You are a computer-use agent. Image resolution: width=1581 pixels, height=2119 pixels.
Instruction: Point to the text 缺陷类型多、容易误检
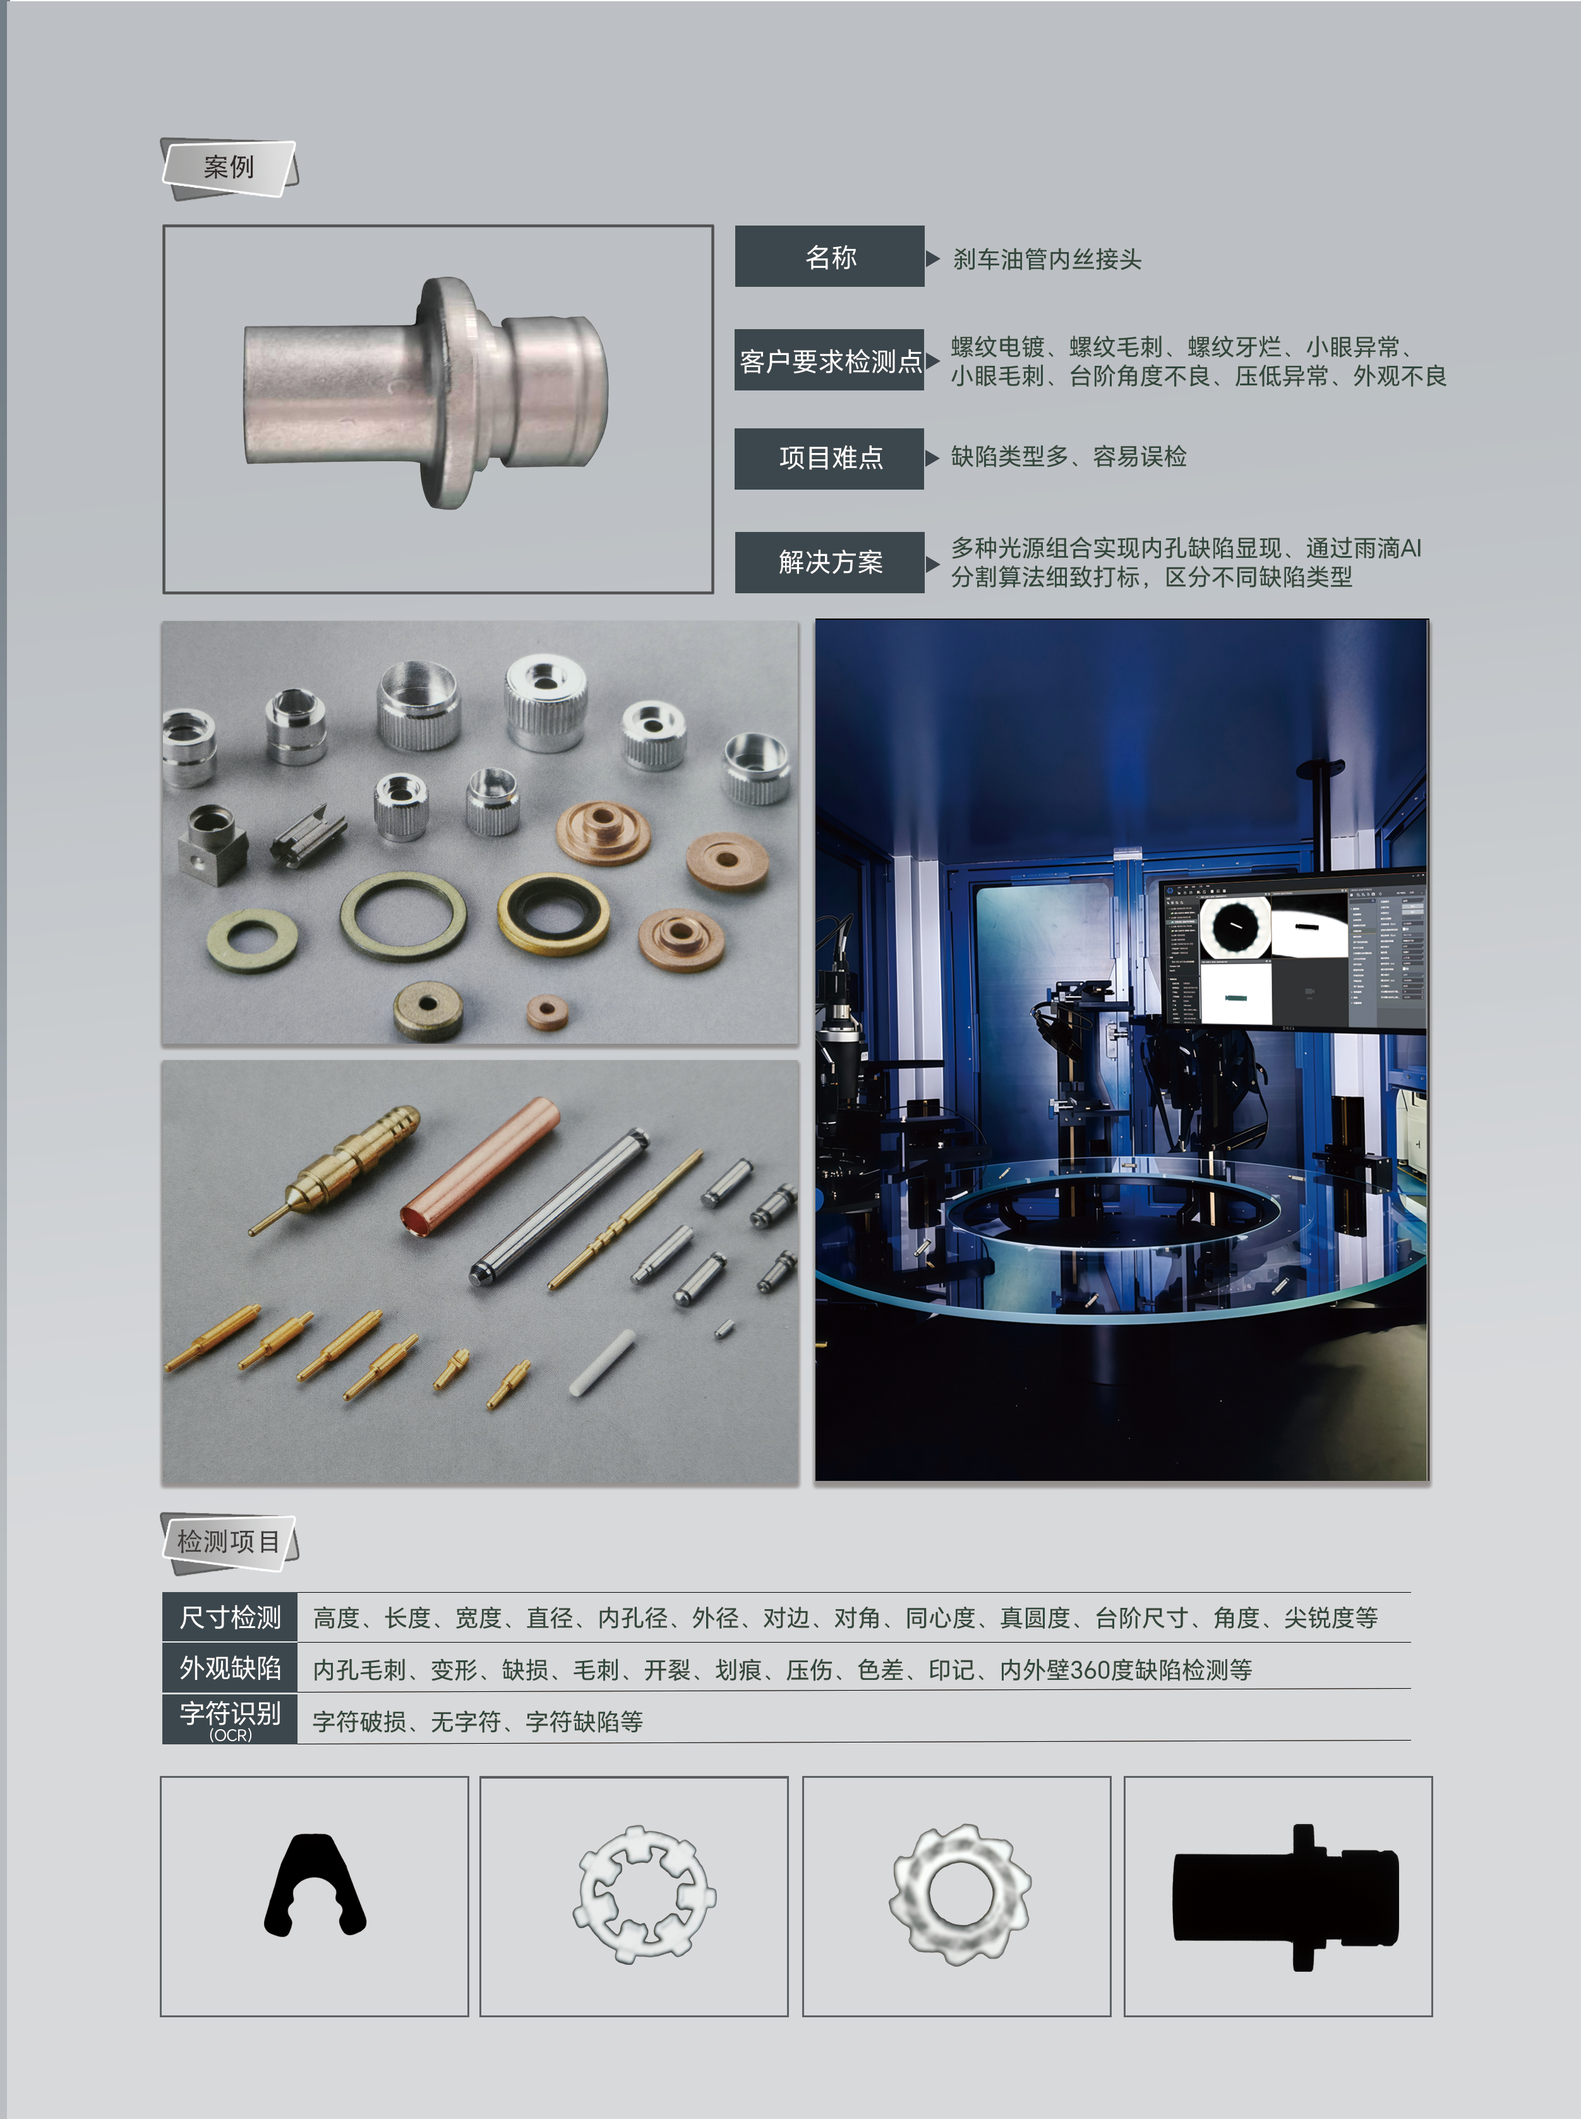[x=1069, y=457]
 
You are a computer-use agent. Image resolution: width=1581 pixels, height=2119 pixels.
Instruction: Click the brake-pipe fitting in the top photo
[x=426, y=392]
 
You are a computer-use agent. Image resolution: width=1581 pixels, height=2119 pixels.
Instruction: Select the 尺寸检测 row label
[x=230, y=1617]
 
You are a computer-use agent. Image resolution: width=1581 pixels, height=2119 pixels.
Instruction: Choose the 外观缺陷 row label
[x=230, y=1668]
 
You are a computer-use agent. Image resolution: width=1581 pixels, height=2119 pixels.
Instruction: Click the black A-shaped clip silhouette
[x=315, y=1885]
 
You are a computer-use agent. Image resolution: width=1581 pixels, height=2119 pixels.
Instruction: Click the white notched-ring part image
[x=644, y=1895]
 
